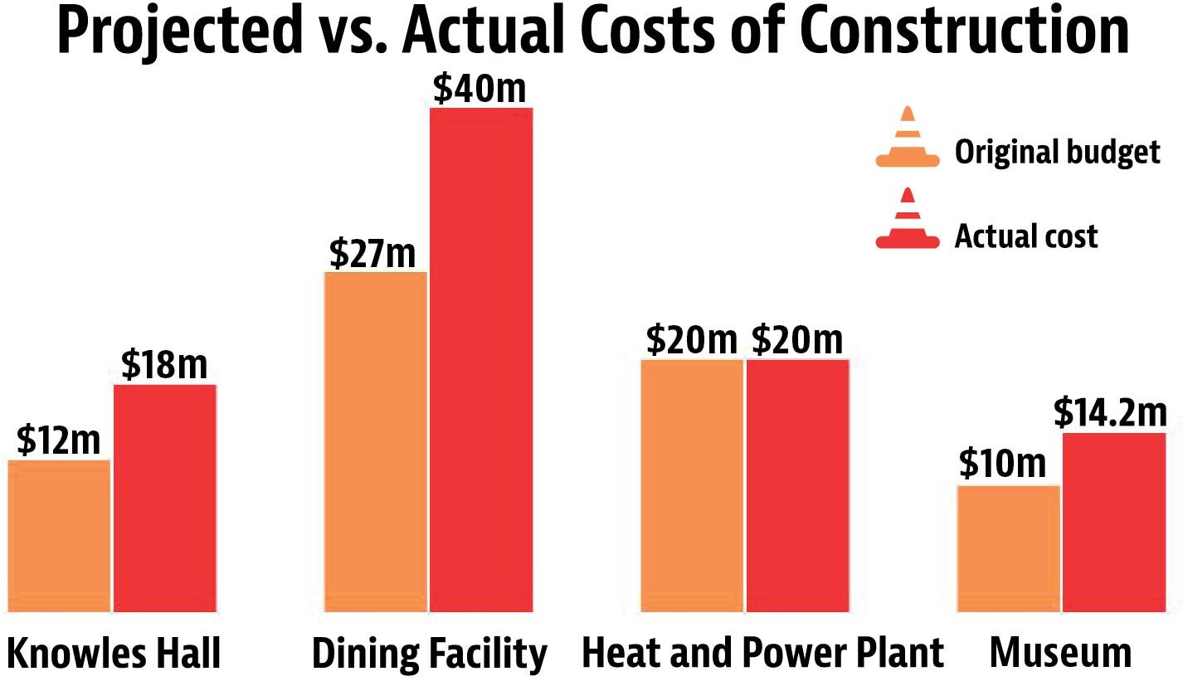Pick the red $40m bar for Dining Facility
(481, 360)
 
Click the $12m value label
(58, 441)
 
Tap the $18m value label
(164, 365)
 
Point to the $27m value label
(372, 253)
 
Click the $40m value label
(480, 90)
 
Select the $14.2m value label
(1110, 413)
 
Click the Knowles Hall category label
(114, 654)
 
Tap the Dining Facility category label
(430, 654)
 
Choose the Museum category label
(1060, 654)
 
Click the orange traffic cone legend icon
(908, 139)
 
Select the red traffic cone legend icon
(908, 220)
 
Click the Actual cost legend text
(1026, 236)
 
